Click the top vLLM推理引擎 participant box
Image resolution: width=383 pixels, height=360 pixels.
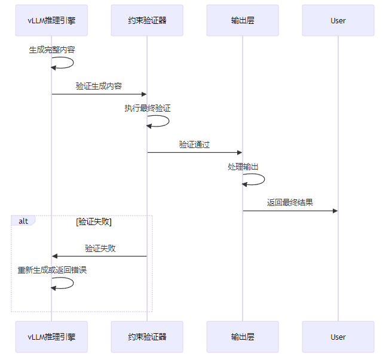click(x=51, y=20)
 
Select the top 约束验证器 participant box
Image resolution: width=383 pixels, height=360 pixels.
click(x=147, y=20)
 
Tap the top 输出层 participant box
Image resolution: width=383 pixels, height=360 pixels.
click(x=243, y=20)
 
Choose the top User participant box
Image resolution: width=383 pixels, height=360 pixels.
click(x=338, y=20)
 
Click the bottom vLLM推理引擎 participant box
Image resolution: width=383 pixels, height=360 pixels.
click(x=51, y=337)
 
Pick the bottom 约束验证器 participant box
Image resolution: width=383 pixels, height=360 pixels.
click(x=147, y=337)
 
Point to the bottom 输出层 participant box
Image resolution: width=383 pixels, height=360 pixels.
click(x=243, y=337)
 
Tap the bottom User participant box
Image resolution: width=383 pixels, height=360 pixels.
click(x=338, y=337)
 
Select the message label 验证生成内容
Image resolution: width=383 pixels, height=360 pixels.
click(x=99, y=86)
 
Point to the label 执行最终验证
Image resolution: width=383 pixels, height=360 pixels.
click(x=148, y=109)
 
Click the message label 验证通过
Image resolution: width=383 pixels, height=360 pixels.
click(x=195, y=144)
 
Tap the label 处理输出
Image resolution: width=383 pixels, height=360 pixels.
click(x=243, y=167)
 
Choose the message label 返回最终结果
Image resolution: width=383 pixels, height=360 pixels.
click(x=290, y=203)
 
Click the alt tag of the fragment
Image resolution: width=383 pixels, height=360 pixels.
click(x=23, y=221)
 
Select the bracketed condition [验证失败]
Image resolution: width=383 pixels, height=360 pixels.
click(x=94, y=221)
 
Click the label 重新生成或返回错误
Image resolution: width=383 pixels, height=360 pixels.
click(x=52, y=270)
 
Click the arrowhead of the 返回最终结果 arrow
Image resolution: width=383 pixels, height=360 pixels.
click(x=335, y=211)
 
